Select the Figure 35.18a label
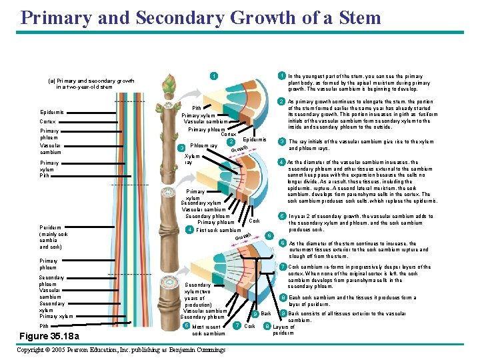[x=49, y=335]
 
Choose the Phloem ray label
[x=204, y=145]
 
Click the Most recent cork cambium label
[x=209, y=330]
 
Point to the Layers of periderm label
[x=283, y=329]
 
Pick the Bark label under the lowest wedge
[x=265, y=313]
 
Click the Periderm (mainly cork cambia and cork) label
[x=53, y=237]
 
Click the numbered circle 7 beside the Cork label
[x=238, y=325]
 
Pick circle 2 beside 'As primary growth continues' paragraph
[x=282, y=101]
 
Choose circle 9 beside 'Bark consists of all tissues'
[x=283, y=313]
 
